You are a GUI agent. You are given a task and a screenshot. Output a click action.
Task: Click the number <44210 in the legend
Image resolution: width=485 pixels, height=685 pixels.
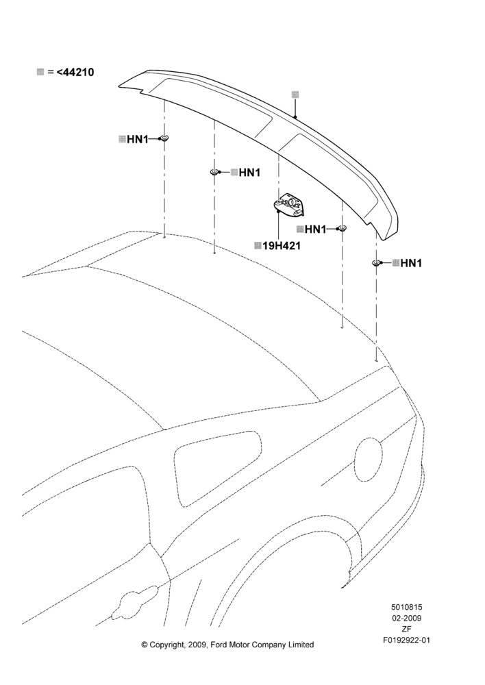(75, 72)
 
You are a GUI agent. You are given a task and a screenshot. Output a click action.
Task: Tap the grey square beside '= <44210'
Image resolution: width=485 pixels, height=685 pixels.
(40, 72)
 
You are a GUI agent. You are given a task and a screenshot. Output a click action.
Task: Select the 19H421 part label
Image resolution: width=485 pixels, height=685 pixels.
(282, 246)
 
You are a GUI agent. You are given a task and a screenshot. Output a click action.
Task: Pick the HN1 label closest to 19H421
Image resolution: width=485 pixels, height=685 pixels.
(316, 229)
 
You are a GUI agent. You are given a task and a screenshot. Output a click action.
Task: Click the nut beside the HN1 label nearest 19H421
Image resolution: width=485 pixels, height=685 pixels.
(342, 228)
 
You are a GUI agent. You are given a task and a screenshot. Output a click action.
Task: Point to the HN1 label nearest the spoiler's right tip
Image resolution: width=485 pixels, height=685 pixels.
(411, 263)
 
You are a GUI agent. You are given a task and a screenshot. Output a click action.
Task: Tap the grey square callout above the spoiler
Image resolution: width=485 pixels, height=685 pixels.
(295, 95)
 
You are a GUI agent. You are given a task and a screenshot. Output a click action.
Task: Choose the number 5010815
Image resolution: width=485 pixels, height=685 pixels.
(406, 607)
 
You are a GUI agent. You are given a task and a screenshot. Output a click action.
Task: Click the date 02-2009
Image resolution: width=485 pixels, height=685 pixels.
(406, 618)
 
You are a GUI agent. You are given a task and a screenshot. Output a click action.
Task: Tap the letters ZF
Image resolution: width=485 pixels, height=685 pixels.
(406, 629)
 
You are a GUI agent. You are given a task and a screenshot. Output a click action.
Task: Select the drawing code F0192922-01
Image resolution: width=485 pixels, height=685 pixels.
(406, 640)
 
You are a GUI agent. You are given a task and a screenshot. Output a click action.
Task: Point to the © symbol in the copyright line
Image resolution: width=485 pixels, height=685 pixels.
(144, 645)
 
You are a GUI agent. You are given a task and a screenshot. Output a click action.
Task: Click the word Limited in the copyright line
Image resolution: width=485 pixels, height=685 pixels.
(301, 645)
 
